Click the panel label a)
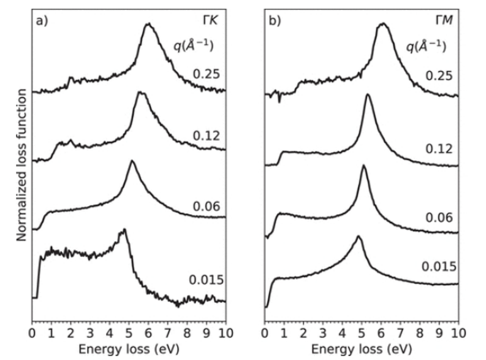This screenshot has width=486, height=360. (42, 20)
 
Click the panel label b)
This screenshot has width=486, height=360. (274, 20)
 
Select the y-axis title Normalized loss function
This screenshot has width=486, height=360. (21, 164)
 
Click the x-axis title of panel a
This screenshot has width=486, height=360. (129, 348)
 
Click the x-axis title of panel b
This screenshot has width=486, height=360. (362, 348)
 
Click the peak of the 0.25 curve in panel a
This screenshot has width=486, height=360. (148, 24)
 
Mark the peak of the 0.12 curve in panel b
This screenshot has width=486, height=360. (368, 95)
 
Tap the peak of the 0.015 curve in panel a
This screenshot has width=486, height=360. (124, 230)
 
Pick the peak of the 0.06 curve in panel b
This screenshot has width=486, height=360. (363, 166)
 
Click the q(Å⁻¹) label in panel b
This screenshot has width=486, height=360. (425, 46)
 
